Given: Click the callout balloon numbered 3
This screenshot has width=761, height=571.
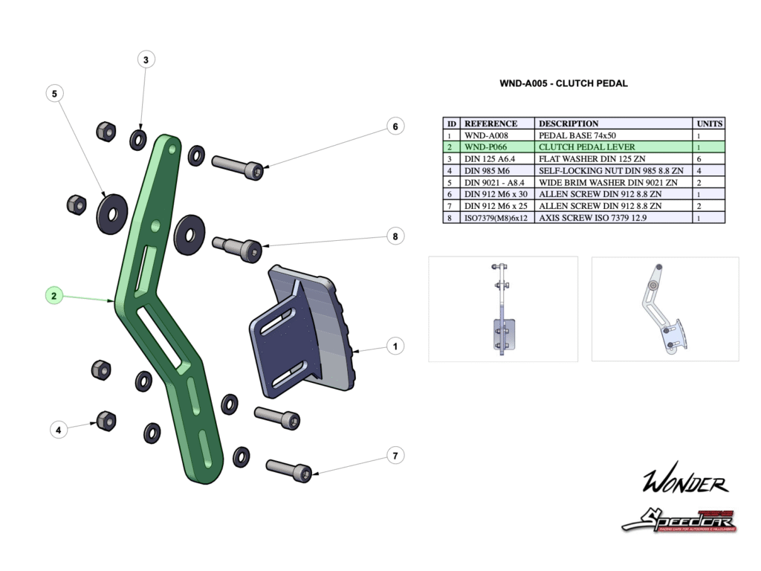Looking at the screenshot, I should point(146,59).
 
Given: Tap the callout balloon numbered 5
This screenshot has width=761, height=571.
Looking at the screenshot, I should point(54,94).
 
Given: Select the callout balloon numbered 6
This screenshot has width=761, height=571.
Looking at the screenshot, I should point(395,127).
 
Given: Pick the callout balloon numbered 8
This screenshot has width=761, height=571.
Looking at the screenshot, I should point(395,236).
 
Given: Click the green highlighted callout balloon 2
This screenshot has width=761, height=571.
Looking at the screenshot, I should point(54,296).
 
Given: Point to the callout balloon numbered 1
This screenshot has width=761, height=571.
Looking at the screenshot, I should point(395,346).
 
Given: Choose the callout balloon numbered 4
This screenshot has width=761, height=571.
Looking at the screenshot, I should point(59,429).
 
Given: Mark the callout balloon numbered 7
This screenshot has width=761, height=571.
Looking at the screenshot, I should point(395,455).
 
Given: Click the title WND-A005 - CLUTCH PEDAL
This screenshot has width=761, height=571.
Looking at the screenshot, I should point(563,83).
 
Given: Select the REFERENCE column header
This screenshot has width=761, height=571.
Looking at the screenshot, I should point(490,123).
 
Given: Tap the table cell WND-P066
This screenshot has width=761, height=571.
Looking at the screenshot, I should point(486,147).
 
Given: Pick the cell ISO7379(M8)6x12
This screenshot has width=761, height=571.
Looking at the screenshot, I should point(496,218).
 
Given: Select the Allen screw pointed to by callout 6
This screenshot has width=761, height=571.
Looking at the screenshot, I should point(238,166).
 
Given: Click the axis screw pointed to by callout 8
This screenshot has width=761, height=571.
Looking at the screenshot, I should point(238,247).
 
